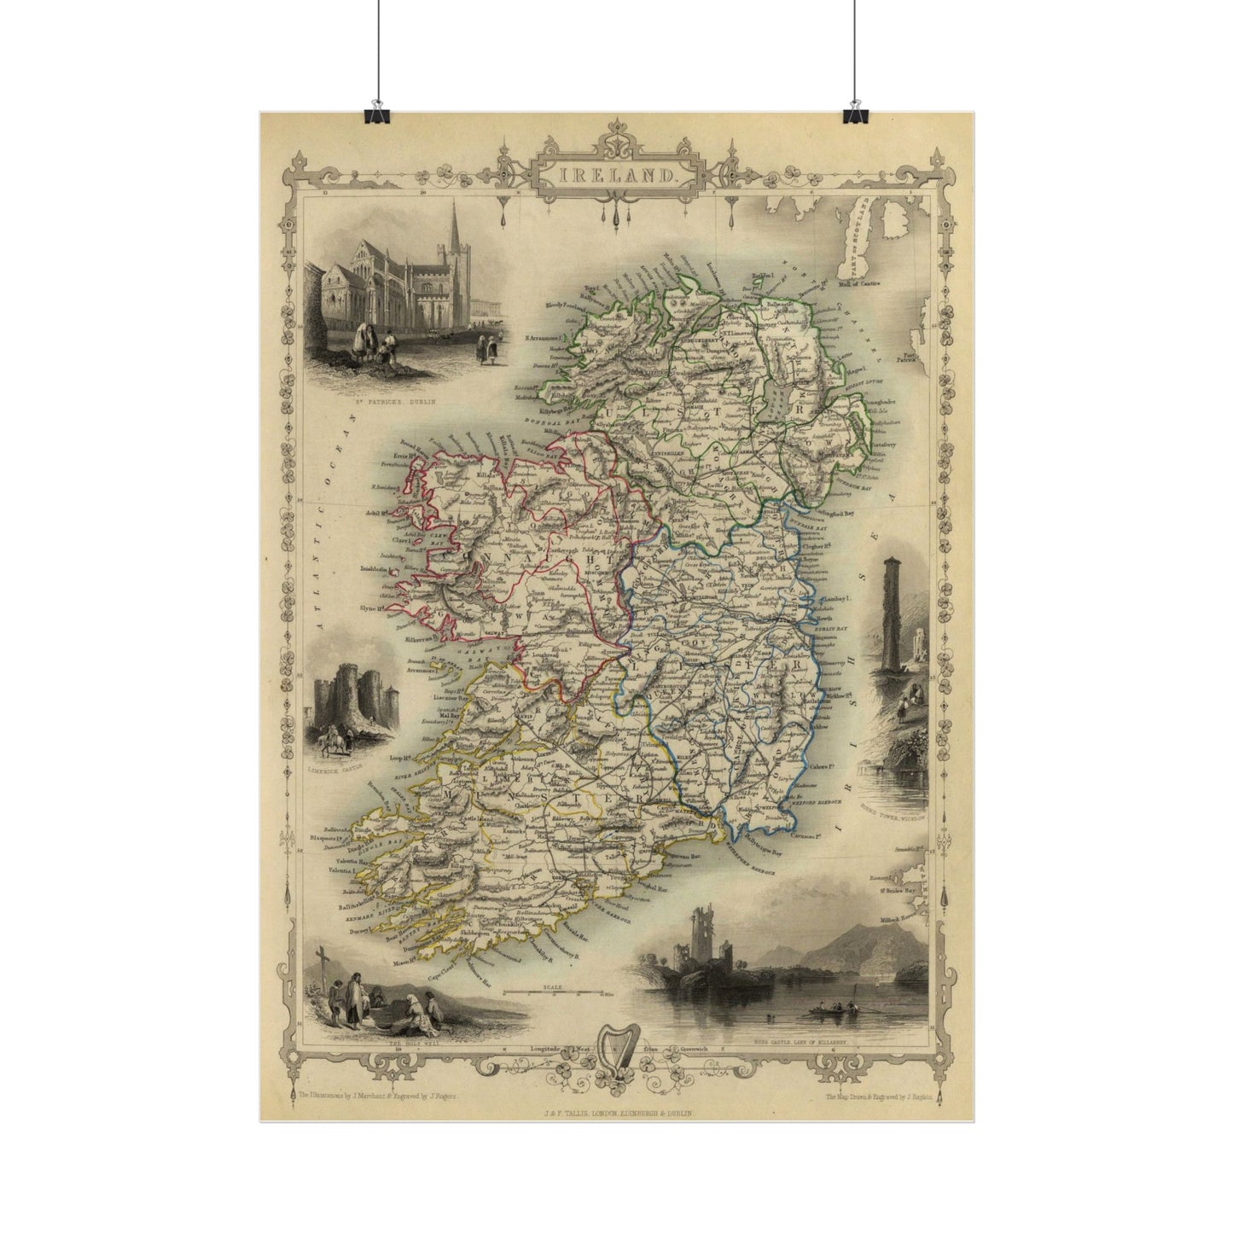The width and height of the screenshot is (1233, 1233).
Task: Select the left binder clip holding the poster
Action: (375, 113)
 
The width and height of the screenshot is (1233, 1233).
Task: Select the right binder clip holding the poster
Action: (852, 113)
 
